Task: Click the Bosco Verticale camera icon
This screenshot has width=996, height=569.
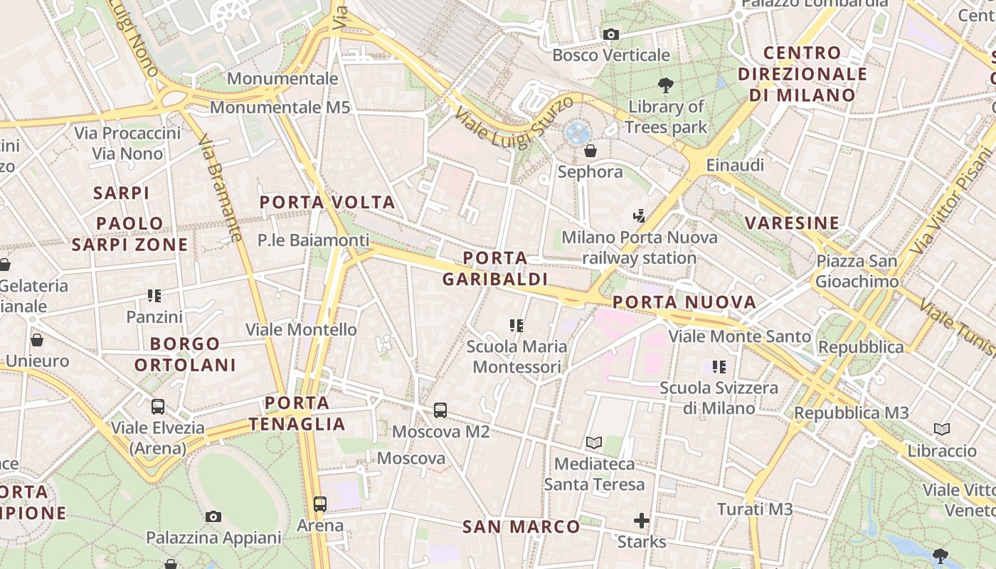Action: (x=610, y=34)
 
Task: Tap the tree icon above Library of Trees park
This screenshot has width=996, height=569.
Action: (x=666, y=85)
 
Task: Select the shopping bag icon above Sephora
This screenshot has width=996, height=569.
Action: (x=590, y=151)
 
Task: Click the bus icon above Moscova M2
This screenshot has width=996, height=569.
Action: (x=440, y=410)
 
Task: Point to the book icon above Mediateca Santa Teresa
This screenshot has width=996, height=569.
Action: (x=594, y=442)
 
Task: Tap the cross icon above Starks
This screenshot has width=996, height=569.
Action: (x=642, y=521)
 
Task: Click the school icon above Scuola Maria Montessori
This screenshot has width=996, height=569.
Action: (x=516, y=326)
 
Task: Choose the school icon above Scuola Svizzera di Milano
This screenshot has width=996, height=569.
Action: (x=719, y=367)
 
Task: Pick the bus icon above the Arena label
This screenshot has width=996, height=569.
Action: (x=320, y=504)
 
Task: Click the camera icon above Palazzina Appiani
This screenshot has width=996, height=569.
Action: (x=213, y=517)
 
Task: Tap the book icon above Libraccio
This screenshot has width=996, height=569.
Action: (x=942, y=429)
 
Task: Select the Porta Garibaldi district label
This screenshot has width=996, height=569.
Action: (x=495, y=268)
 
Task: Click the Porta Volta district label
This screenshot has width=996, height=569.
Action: (x=327, y=203)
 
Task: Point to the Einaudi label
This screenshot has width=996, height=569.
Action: (x=735, y=165)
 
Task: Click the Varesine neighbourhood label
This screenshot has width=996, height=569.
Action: (x=792, y=223)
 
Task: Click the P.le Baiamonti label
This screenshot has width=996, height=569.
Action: (x=314, y=240)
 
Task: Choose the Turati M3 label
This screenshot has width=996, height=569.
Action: (x=755, y=509)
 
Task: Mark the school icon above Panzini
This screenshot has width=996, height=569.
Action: (x=154, y=295)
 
